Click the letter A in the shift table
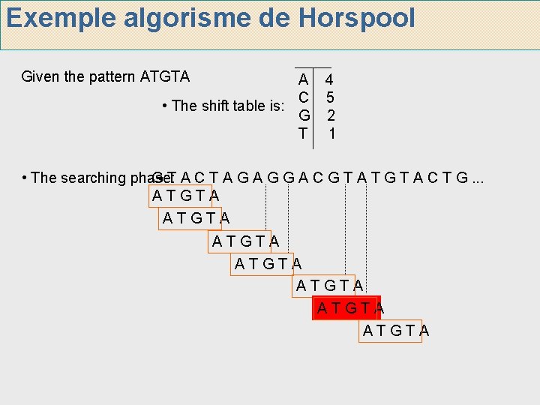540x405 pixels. pos(302,79)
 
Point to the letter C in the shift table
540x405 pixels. pos(302,97)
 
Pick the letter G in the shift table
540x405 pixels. pos(303,115)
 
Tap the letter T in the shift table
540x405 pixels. pos(302,133)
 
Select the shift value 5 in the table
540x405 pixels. pos(330,97)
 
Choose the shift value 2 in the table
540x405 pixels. pos(330,115)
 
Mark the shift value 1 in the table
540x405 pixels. pos(331,133)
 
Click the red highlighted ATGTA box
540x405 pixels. pos(347,307)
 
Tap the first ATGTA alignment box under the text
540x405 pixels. pos(185,196)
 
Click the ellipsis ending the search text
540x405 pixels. pos(478,178)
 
